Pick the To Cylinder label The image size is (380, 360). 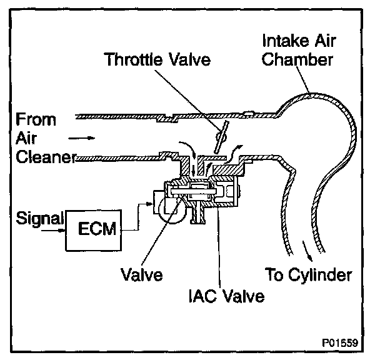point(309,275)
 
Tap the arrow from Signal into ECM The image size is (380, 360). point(61,229)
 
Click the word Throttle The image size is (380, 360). point(130,61)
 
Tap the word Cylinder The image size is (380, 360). point(321,275)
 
